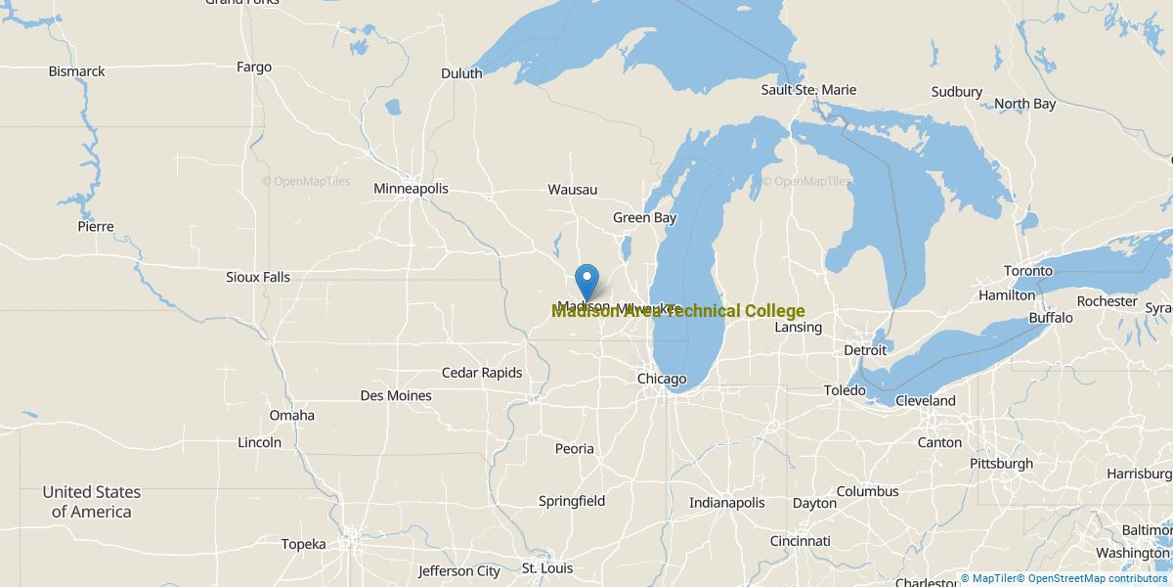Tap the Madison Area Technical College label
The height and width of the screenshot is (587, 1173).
[678, 311]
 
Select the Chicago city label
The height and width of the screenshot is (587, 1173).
[662, 379]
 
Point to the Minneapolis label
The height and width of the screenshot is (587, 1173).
[411, 188]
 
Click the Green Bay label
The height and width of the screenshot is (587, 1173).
[645, 217]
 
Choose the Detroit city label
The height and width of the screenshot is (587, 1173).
[865, 349]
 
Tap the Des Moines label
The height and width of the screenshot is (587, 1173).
[396, 395]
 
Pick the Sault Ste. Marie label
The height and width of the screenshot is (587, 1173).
[808, 90]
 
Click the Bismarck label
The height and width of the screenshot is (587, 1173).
[77, 71]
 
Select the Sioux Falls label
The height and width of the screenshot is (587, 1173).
[258, 277]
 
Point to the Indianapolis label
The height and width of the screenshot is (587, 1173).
[726, 502]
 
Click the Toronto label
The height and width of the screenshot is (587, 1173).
[1028, 270]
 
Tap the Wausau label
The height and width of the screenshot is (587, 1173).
[573, 189]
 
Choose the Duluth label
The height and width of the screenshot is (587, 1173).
[461, 73]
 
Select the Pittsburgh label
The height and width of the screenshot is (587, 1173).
[1001, 463]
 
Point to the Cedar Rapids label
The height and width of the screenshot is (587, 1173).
[482, 373]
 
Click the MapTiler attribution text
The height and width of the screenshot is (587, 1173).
[988, 578]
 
